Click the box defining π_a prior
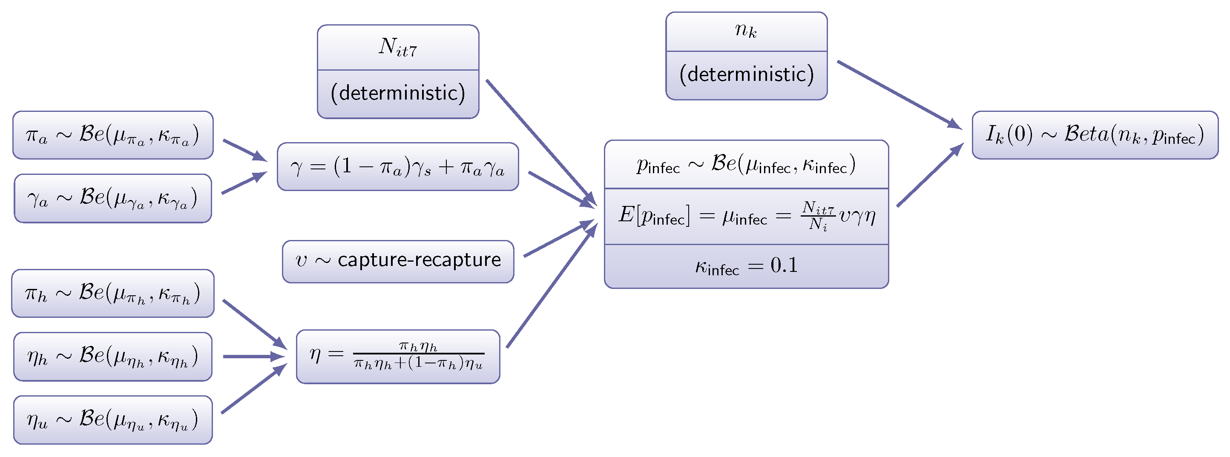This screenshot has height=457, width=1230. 113,135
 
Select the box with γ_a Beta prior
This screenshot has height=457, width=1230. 113,198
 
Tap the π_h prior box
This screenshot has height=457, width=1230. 113,293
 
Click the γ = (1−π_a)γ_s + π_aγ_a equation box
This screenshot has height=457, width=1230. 398,167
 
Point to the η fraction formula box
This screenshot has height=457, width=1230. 398,356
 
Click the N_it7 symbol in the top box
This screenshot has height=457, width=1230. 398,48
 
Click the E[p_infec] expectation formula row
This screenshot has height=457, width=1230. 746,216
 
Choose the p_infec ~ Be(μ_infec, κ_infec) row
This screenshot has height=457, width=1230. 746,165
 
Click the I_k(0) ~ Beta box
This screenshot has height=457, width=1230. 1095,135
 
